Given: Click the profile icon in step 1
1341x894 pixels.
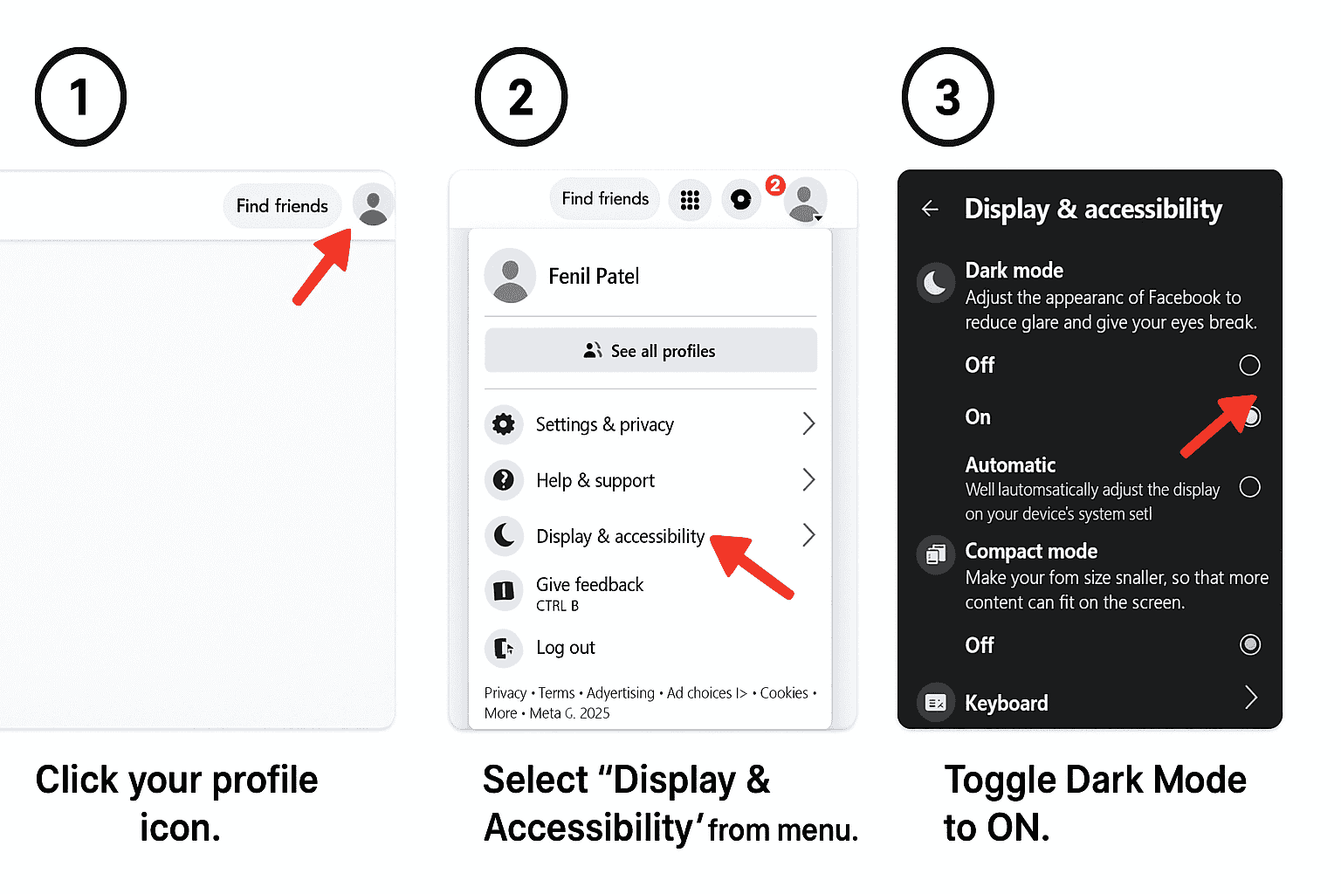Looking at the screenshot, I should tap(374, 206).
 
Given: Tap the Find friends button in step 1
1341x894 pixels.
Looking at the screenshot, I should tap(282, 206).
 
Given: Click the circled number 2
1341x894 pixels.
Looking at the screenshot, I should tap(521, 97).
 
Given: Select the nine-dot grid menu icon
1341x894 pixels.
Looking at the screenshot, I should tap(690, 200).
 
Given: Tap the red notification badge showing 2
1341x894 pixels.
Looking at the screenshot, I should tap(774, 185).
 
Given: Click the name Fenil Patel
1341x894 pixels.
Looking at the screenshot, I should tap(594, 277).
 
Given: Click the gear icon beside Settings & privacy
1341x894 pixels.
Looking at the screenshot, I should tap(504, 424).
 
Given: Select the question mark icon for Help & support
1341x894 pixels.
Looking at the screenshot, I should tap(504, 479).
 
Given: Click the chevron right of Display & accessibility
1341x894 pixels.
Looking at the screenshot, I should tap(808, 535).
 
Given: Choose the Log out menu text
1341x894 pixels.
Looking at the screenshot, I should tap(566, 648).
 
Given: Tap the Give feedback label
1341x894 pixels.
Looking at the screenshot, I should tap(590, 585).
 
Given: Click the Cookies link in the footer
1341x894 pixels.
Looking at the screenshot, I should tap(784, 693).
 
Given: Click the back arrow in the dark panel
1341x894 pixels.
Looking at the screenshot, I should tap(931, 209).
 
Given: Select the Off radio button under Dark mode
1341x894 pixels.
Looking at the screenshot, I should tap(1249, 365).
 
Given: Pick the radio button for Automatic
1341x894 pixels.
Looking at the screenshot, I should tap(1249, 487).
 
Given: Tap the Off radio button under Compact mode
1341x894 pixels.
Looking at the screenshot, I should tap(1249, 644).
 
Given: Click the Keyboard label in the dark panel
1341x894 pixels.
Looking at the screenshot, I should tap(1006, 703).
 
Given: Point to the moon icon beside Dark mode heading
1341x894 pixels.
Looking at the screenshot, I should tap(935, 283).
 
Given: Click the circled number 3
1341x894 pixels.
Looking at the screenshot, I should tap(948, 97).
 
